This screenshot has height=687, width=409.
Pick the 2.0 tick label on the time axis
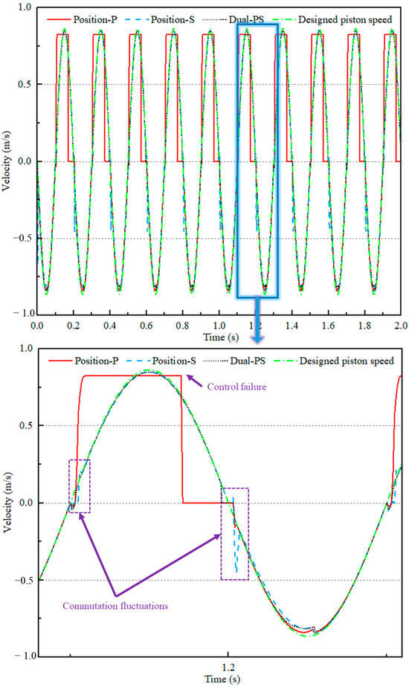click(x=400, y=326)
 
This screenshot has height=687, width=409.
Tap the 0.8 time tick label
click(x=182, y=326)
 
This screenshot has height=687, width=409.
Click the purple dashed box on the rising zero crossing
click(x=79, y=486)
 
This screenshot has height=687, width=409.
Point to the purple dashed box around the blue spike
click(x=235, y=534)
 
